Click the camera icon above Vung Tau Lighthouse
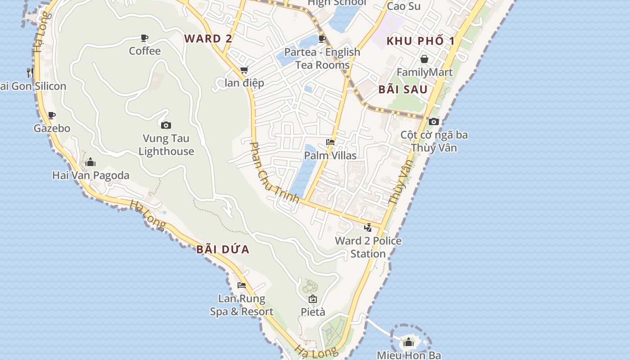click(x=166, y=125)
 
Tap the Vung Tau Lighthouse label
click(x=166, y=144)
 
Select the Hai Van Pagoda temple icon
click(x=90, y=162)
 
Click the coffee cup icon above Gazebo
click(x=52, y=115)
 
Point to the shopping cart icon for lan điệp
click(x=244, y=70)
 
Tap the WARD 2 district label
click(x=208, y=39)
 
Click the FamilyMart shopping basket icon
click(x=424, y=59)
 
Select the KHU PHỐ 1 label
click(x=421, y=41)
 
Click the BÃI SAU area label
click(x=403, y=89)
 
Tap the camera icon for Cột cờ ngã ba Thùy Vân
click(x=433, y=121)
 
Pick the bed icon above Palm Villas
click(x=330, y=142)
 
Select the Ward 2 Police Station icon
click(x=368, y=227)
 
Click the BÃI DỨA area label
click(x=223, y=249)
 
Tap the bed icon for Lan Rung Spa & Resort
click(x=242, y=285)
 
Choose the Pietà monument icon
click(x=313, y=299)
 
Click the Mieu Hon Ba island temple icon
click(x=409, y=342)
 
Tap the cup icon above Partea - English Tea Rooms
click(x=322, y=39)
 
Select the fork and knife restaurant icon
click(x=30, y=72)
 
